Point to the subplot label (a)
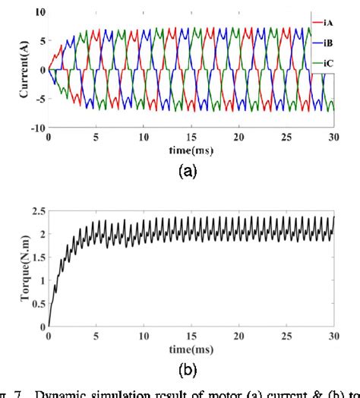tap(188, 172)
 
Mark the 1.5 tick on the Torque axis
tap(37, 261)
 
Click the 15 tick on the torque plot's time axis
tap(191, 336)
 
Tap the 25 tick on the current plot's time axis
tap(286, 138)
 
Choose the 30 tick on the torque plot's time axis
tap(333, 336)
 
